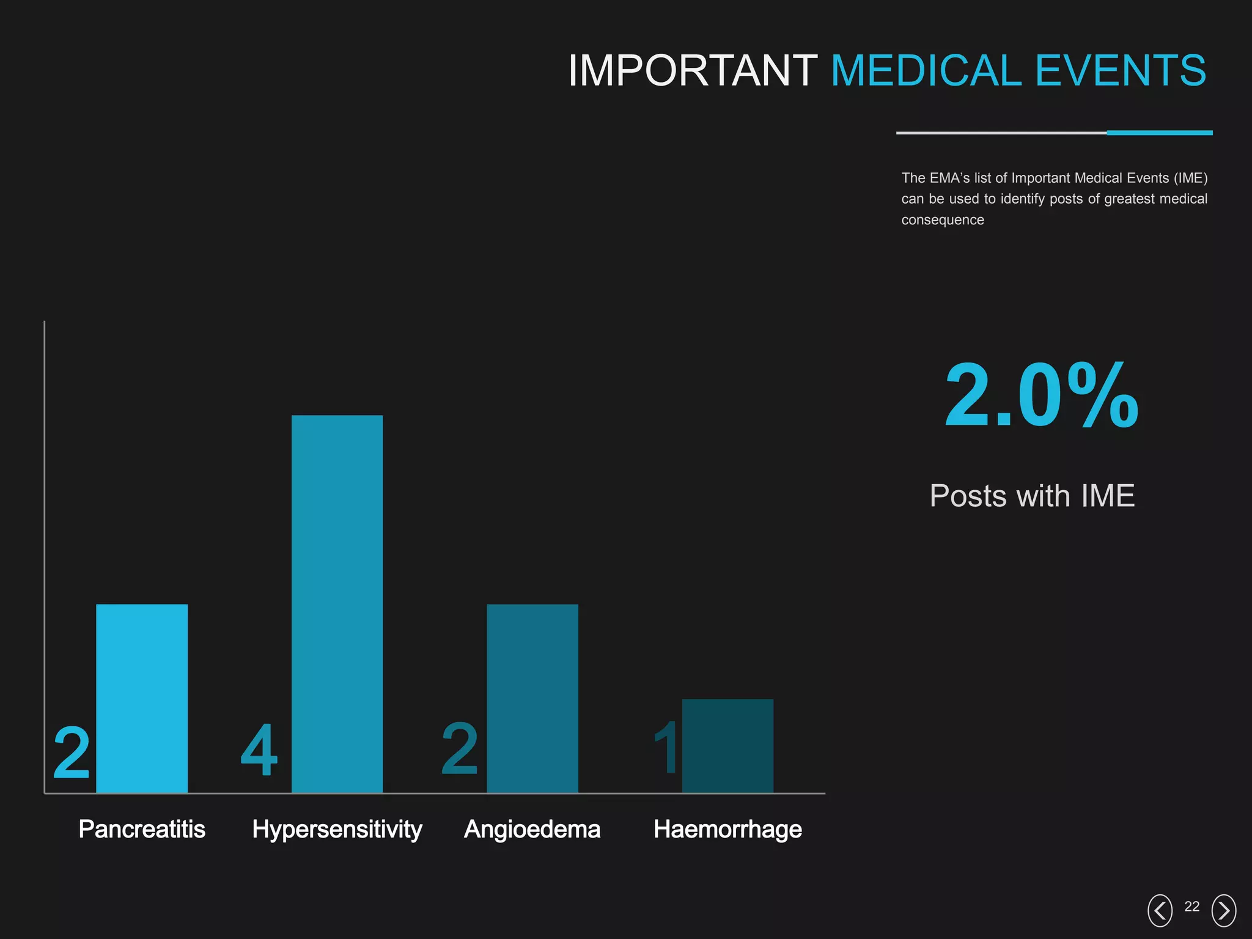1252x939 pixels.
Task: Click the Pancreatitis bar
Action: pos(142,698)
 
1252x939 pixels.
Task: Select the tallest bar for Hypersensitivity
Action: pos(337,604)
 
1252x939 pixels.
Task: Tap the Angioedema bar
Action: pos(532,698)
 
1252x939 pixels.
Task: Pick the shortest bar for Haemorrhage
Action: pos(727,746)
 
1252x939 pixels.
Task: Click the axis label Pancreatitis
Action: pos(142,830)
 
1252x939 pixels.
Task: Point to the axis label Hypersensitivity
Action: pos(337,830)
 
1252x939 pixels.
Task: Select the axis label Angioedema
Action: pos(532,830)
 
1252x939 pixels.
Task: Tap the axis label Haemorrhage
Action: pos(727,830)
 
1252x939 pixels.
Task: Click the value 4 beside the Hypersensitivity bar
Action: pos(259,750)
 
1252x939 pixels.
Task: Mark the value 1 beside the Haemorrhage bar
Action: pos(666,747)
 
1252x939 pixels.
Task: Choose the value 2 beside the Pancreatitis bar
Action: pos(72,753)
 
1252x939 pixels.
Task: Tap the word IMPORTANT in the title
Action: pos(693,70)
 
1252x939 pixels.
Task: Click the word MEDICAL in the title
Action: pos(926,70)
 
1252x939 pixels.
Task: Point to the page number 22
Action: pos(1192,907)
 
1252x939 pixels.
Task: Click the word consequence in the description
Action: pos(943,220)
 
